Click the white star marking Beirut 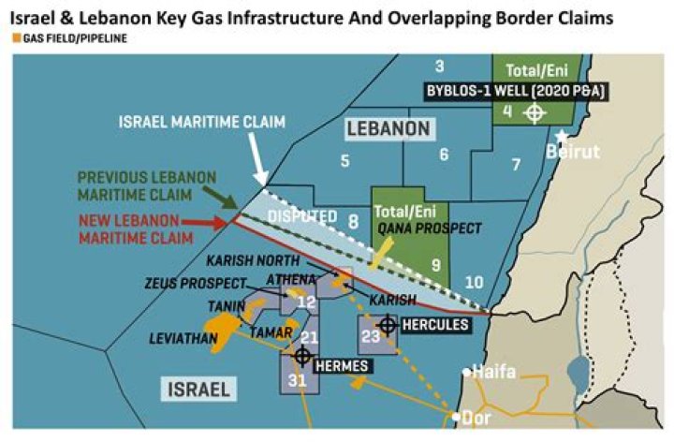(561, 135)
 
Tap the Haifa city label (494, 372)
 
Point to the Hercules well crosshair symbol (387, 324)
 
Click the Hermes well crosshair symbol (302, 356)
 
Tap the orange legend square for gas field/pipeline (17, 38)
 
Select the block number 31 (297, 379)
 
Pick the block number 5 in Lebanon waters (344, 161)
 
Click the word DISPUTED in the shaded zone (301, 216)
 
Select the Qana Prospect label (430, 228)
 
